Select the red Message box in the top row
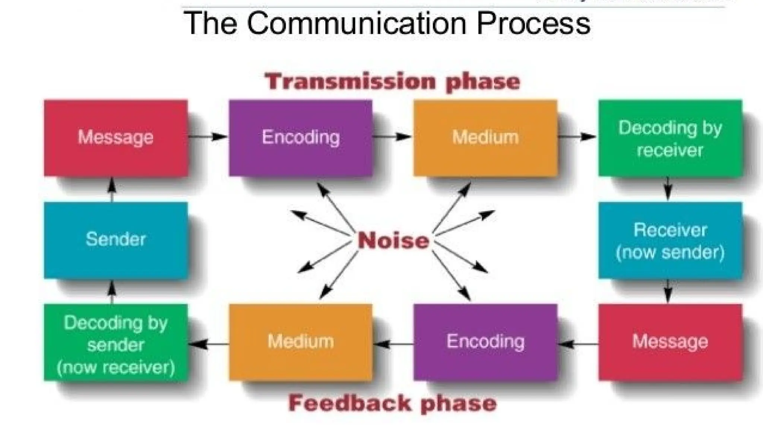click(115, 137)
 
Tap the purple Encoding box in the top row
click(300, 137)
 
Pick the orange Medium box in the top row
click(485, 137)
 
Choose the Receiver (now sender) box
click(670, 240)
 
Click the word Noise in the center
click(393, 241)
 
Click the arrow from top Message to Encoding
click(208, 137)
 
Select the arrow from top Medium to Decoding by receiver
click(577, 137)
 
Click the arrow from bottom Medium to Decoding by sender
click(208, 344)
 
